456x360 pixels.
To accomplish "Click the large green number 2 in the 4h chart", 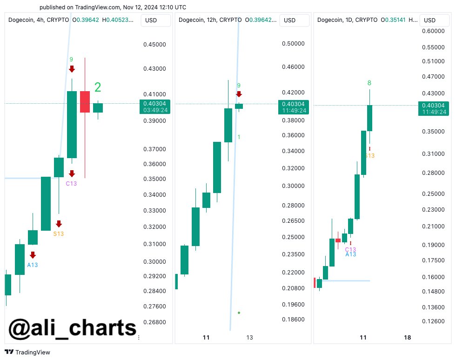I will click(98, 87).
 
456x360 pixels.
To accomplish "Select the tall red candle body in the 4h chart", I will click(85, 102).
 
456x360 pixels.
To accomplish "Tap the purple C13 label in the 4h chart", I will click(71, 183).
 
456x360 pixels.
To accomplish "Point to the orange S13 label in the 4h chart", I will click(58, 233).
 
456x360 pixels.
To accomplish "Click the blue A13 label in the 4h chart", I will click(32, 265).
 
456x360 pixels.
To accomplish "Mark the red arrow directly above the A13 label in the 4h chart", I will click(33, 255).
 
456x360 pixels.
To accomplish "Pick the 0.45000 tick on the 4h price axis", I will click(154, 45).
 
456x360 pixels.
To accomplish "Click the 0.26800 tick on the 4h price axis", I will click(154, 322).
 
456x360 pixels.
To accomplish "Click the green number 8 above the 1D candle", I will click(369, 83).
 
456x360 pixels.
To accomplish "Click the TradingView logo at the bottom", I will click(27, 352).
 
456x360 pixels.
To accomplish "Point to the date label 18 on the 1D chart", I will click(407, 338).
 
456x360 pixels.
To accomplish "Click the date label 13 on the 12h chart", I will click(250, 338).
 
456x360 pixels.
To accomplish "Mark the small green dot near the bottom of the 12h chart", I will click(239, 313).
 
